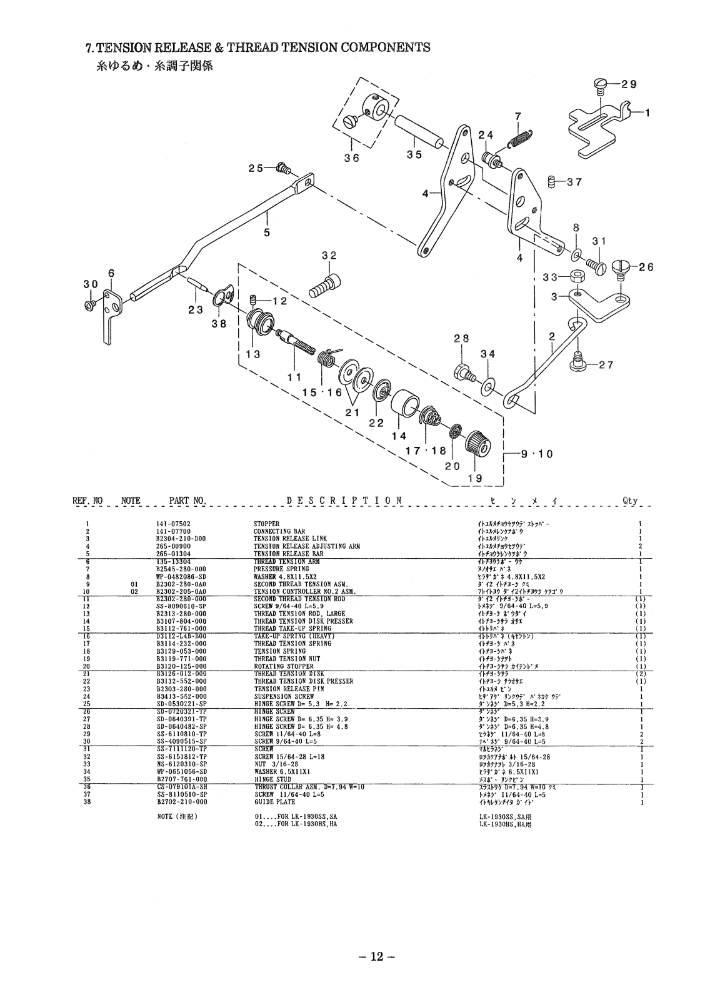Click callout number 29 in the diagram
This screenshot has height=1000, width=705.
(629, 84)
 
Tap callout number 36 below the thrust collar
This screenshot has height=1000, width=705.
(352, 158)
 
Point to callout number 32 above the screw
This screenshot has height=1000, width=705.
(329, 255)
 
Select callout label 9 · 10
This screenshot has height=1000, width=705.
(537, 454)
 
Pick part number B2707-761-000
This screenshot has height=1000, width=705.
(181, 779)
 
